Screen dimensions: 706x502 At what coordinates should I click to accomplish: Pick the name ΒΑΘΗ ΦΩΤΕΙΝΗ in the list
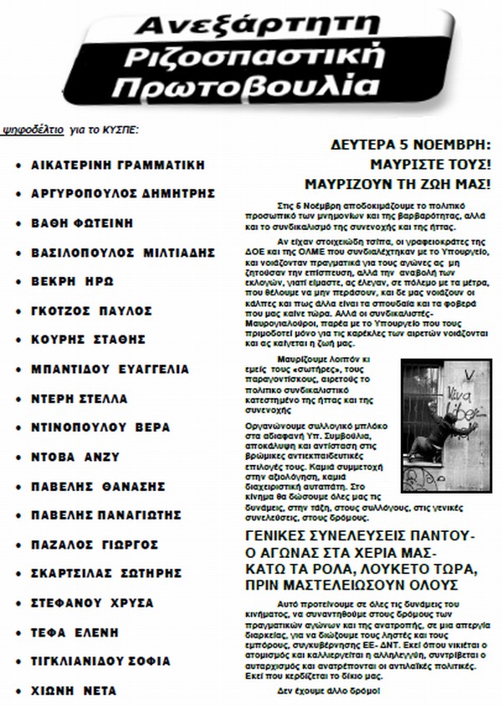click(x=85, y=223)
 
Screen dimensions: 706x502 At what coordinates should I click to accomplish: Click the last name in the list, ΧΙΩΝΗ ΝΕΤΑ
click(x=74, y=691)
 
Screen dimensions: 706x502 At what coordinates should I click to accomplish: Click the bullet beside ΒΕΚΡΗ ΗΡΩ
click(x=18, y=282)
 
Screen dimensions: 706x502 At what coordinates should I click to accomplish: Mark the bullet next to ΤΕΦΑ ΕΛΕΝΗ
click(x=18, y=633)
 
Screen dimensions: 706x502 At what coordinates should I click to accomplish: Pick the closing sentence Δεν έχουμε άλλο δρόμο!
click(x=327, y=691)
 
